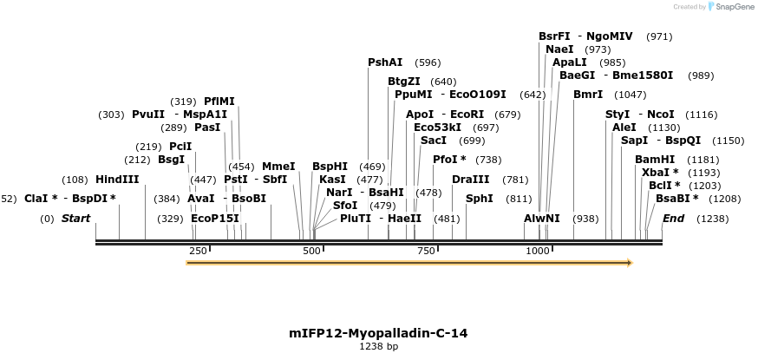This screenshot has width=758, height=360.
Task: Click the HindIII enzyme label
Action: [117, 180]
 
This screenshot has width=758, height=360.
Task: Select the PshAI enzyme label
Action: [385, 62]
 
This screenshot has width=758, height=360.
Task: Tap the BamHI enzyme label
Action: [655, 160]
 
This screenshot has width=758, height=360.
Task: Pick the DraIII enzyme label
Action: [471, 180]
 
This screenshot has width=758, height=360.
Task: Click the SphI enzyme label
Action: [480, 199]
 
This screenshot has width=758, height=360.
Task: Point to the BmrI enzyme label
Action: [588, 95]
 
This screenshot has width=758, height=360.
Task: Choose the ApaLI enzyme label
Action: [570, 62]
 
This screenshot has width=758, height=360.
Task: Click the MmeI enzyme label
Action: [278, 167]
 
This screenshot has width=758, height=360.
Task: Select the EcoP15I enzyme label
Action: [214, 219]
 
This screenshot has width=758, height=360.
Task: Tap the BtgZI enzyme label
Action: [404, 82]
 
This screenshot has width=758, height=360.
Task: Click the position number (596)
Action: [428, 62]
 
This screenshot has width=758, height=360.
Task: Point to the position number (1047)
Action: [630, 95]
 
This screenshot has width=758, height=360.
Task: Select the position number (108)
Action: [75, 180]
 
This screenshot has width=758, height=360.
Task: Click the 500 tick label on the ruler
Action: [311, 251]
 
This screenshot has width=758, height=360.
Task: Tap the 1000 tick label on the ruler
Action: [538, 251]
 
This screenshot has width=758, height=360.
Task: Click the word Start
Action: [75, 219]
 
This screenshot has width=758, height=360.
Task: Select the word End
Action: [673, 219]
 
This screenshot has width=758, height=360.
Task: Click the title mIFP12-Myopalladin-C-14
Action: [378, 333]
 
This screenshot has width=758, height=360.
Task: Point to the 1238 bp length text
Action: [378, 346]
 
